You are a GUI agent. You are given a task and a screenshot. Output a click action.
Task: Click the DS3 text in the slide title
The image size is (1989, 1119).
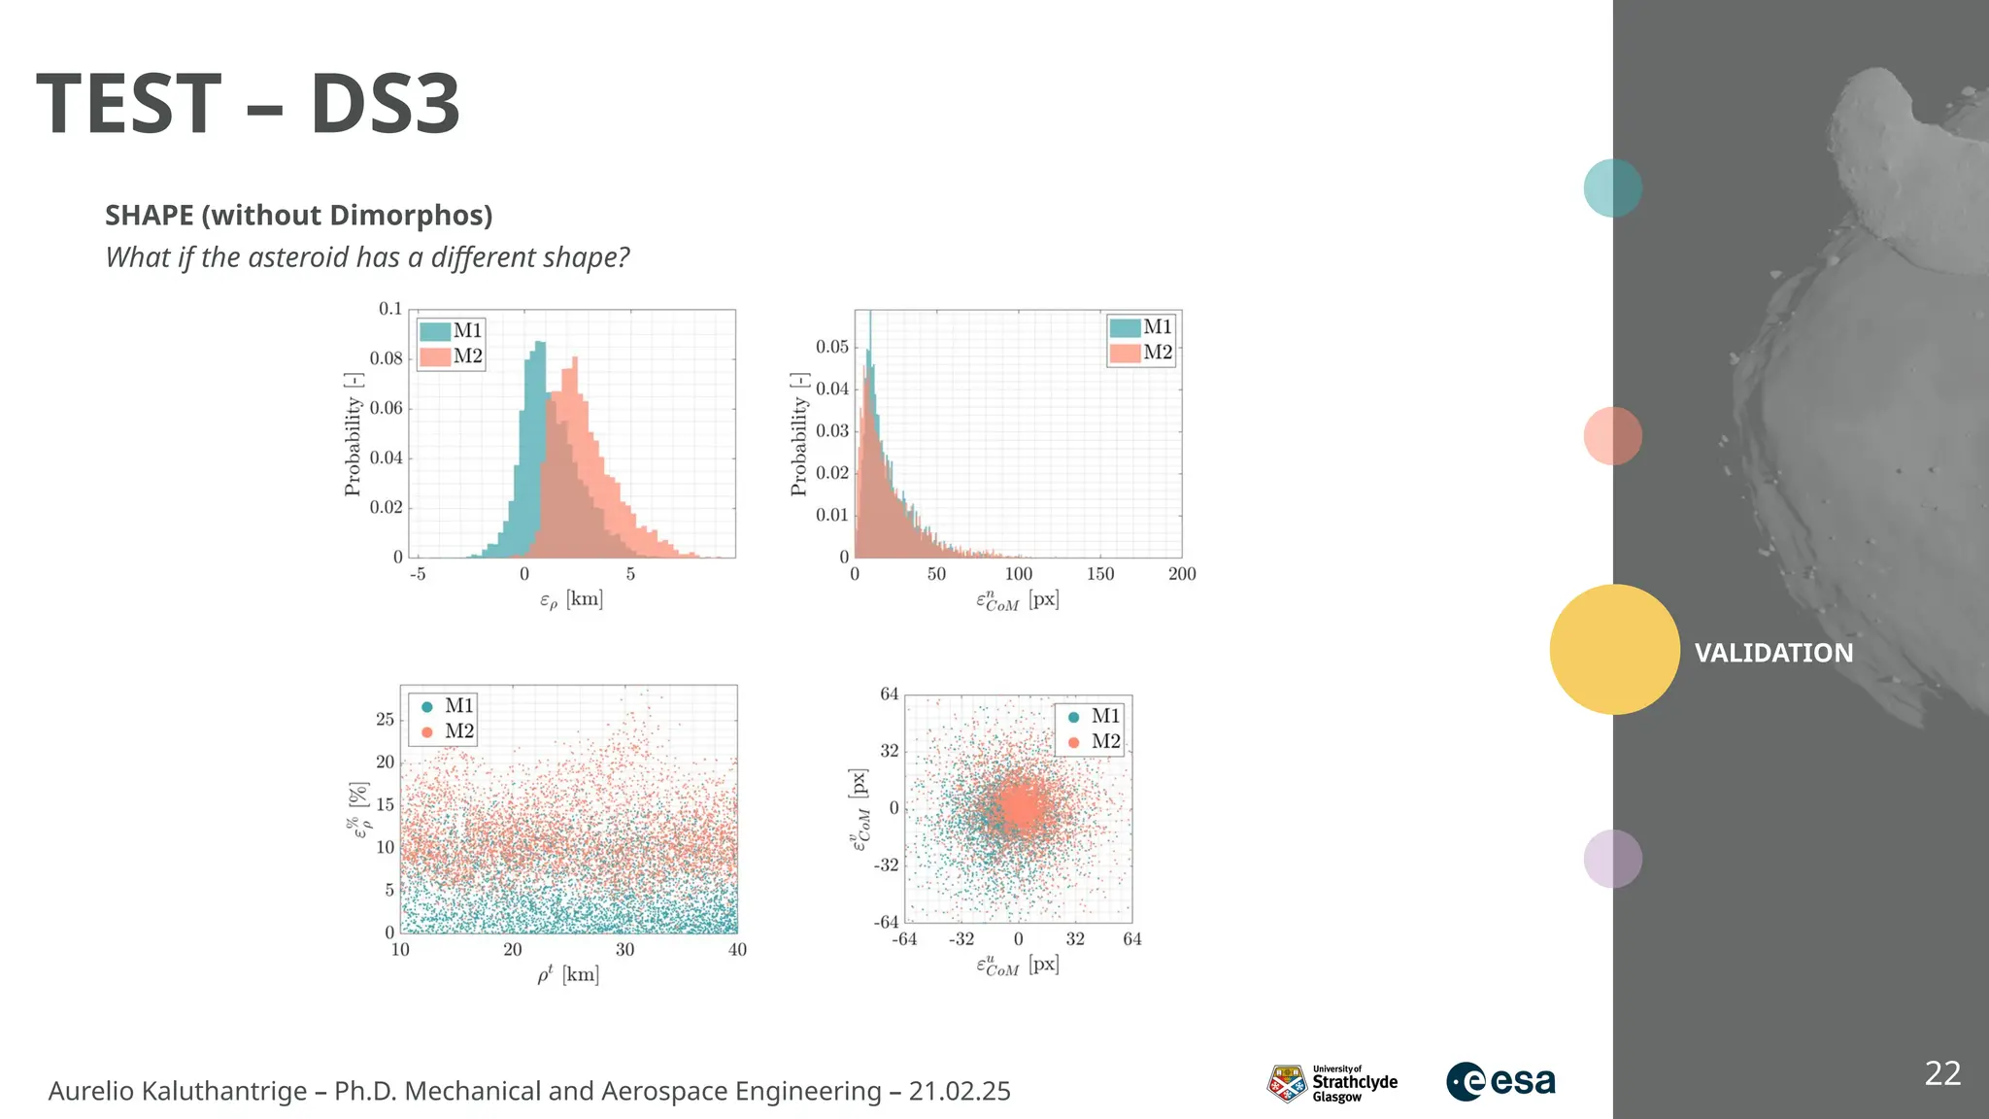(385, 104)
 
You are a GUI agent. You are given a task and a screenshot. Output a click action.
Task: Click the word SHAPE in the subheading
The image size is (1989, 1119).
(150, 215)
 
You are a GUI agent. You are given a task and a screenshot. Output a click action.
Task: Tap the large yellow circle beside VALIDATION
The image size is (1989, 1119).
(1614, 649)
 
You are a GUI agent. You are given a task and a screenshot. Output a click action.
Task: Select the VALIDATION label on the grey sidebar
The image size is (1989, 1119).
(1773, 653)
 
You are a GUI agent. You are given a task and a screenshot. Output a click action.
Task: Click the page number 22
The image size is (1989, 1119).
(1942, 1073)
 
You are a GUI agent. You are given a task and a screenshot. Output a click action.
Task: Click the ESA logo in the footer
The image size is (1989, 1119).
(1500, 1081)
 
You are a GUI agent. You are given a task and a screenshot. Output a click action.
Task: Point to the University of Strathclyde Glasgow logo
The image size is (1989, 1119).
(1332, 1083)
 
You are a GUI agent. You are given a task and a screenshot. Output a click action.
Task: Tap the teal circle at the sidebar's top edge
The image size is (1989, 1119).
(1612, 187)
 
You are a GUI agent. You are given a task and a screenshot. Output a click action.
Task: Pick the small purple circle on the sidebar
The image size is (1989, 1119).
(1612, 858)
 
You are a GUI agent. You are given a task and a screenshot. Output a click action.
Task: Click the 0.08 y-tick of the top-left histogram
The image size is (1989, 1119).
(386, 358)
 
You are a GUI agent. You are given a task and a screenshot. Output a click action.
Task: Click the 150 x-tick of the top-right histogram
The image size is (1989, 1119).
(1100, 574)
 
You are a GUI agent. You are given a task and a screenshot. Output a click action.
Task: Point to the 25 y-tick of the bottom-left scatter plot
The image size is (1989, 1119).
(386, 720)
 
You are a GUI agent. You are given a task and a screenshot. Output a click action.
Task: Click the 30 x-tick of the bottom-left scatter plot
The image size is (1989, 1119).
(624, 950)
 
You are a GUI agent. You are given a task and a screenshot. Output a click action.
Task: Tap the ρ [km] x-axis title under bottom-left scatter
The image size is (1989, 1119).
(568, 973)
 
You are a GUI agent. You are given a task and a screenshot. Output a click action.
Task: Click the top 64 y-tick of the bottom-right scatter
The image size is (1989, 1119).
(889, 695)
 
